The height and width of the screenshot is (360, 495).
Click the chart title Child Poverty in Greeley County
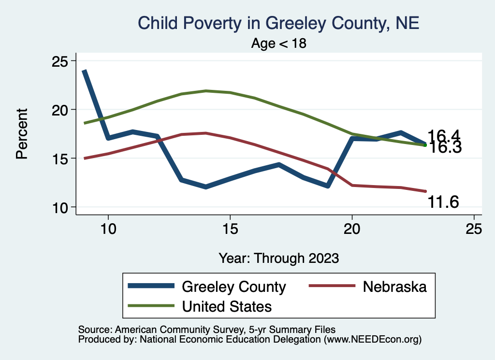click(278, 23)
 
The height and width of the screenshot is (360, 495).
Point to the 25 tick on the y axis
click(60, 61)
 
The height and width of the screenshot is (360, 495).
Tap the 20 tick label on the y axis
click(60, 110)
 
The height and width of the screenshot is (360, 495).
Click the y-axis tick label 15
click(60, 158)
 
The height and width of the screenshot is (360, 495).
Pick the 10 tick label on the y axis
click(60, 207)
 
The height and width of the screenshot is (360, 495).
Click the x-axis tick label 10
click(108, 228)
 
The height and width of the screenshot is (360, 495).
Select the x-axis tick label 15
click(230, 228)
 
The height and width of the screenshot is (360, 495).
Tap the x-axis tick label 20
click(352, 228)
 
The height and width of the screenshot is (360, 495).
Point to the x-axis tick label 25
click(474, 228)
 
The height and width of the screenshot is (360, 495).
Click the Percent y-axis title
click(21, 134)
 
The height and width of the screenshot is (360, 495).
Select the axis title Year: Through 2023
click(278, 258)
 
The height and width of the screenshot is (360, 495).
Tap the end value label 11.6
click(442, 202)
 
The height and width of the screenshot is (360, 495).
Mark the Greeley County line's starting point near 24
click(84, 71)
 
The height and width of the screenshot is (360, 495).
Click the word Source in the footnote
click(94, 329)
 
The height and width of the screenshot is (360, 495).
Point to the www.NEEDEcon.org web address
click(372, 339)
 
